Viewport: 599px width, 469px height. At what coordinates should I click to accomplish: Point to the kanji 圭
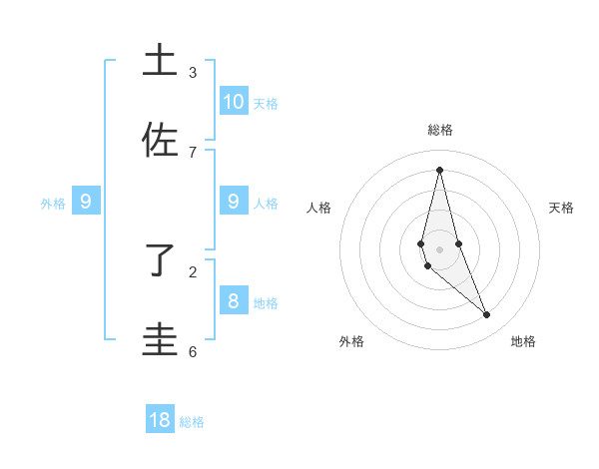(161, 340)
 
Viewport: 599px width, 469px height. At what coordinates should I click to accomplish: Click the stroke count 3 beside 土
(193, 73)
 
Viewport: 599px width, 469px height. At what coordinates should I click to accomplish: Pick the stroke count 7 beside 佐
(193, 152)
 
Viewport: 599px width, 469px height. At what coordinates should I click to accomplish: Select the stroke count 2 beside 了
(193, 271)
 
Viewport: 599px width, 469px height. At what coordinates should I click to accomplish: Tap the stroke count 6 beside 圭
(193, 351)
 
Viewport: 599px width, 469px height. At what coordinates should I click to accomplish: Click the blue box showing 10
(234, 101)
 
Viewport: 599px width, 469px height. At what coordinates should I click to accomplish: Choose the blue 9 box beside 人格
(234, 202)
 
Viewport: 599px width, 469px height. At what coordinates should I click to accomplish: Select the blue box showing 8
(234, 300)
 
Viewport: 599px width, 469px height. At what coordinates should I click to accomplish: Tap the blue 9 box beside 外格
(86, 202)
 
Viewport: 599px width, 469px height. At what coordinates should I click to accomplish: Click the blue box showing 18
(160, 420)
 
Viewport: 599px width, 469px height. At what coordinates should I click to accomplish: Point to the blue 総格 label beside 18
(192, 422)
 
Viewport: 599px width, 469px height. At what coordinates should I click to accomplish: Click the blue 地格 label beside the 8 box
(266, 303)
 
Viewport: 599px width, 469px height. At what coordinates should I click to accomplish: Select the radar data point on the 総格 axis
(439, 169)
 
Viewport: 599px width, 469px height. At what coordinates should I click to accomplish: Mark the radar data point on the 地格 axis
(487, 314)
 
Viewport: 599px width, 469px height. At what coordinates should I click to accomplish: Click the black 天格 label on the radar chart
(561, 208)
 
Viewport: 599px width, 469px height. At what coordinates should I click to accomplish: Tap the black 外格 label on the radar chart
(351, 341)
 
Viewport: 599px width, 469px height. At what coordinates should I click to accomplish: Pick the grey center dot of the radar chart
(439, 248)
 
